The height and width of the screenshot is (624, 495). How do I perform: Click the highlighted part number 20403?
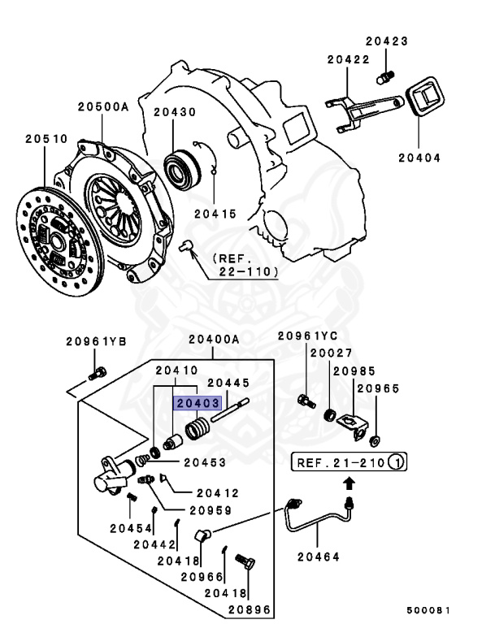tap(196, 402)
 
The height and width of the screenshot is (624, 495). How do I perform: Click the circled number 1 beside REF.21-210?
tap(396, 464)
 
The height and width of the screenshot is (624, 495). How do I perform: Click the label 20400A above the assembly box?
tap(214, 339)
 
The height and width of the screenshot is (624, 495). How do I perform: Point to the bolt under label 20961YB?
tap(97, 375)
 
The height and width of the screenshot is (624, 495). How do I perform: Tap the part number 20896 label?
tap(250, 609)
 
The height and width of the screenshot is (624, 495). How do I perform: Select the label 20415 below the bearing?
tap(215, 214)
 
